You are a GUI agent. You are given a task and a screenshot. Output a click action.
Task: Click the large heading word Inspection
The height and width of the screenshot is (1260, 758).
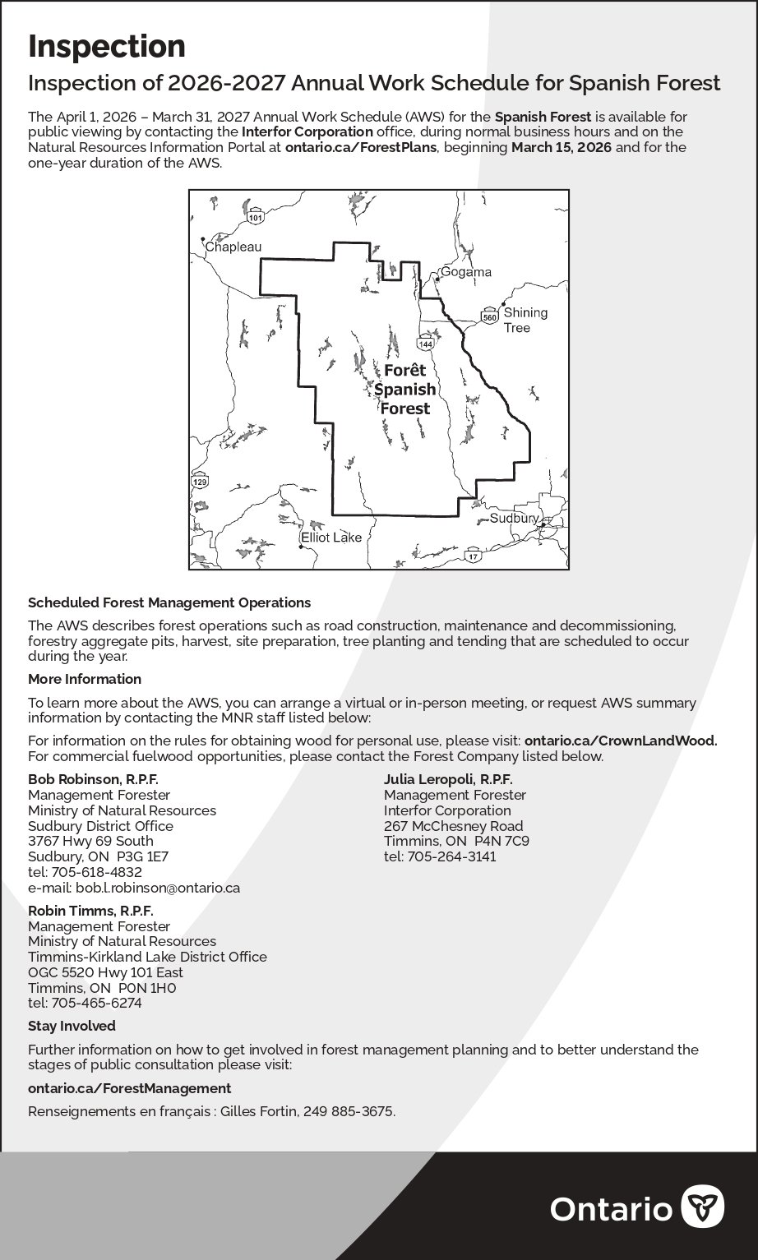tap(107, 47)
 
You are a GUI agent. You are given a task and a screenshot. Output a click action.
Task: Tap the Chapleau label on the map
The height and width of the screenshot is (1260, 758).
tap(233, 247)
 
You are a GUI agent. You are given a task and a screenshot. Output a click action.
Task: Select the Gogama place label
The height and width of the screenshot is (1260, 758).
tap(466, 272)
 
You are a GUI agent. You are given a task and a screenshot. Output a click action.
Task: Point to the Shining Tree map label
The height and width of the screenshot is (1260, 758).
tap(525, 320)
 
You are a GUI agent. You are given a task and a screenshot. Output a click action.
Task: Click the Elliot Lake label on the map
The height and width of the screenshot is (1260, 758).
tap(331, 538)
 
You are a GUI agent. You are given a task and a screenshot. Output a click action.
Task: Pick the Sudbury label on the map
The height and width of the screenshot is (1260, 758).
tap(514, 518)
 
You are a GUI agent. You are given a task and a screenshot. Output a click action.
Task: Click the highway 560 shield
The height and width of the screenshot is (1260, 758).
tap(489, 316)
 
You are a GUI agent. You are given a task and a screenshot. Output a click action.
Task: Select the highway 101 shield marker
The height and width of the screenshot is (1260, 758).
tap(256, 218)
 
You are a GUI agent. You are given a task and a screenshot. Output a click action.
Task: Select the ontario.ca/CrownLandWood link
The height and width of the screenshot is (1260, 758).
tap(621, 741)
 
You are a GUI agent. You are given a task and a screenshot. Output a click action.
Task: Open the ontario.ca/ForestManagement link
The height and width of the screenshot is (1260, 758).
tap(129, 1088)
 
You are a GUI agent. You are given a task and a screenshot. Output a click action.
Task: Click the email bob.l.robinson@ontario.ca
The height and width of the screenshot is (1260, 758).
tap(157, 888)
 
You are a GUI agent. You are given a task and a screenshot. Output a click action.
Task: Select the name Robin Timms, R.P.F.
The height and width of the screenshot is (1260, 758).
tap(90, 911)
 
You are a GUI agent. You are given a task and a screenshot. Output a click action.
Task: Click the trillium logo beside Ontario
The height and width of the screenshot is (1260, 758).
tap(703, 1207)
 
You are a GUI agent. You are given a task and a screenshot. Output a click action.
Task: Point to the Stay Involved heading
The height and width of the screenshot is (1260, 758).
tap(72, 1026)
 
